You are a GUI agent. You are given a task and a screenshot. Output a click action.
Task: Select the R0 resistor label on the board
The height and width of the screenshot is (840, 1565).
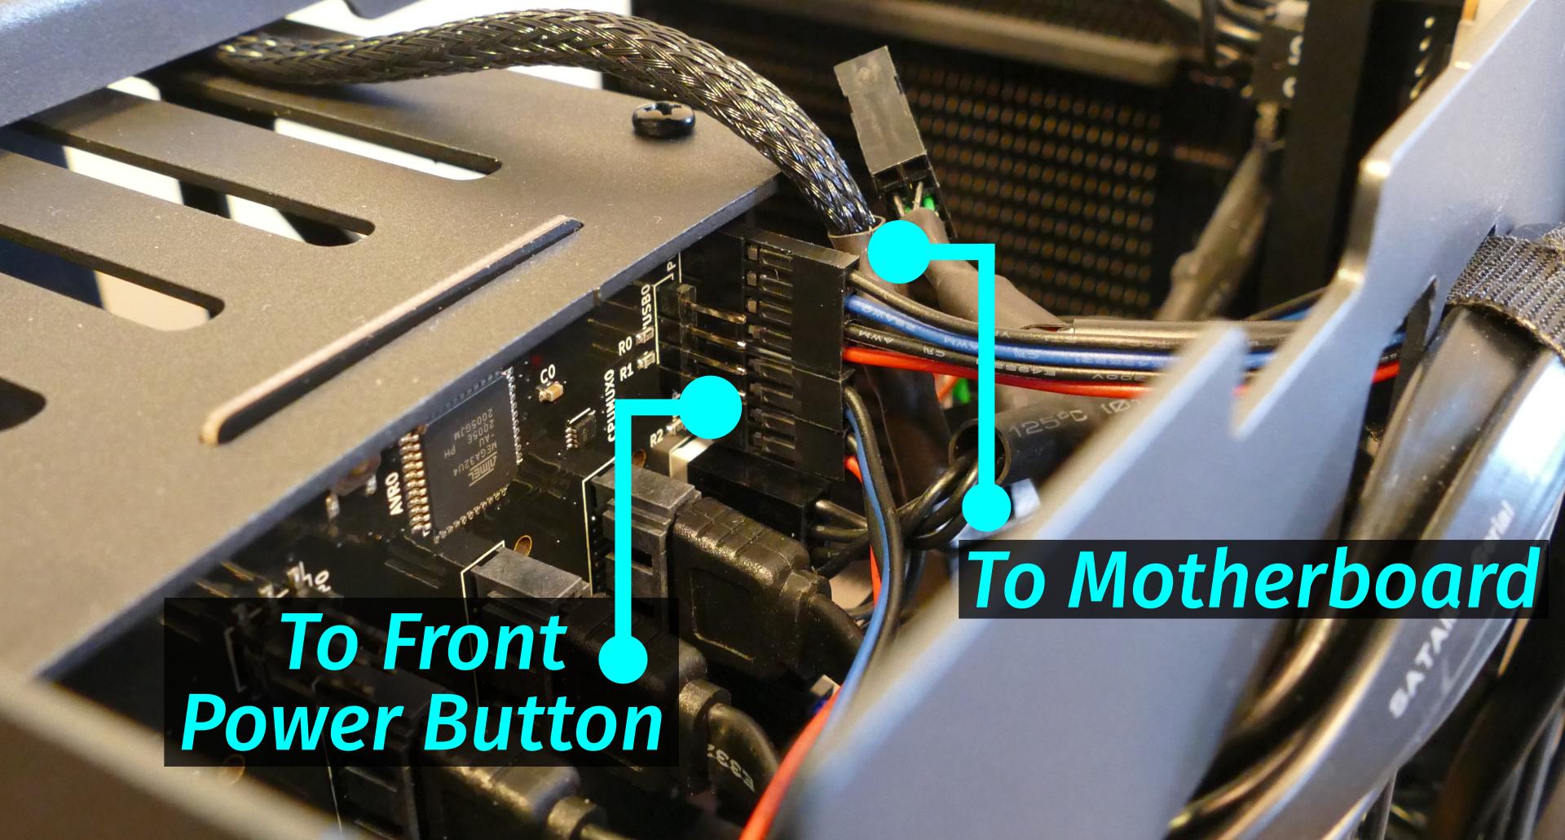tap(625, 347)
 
